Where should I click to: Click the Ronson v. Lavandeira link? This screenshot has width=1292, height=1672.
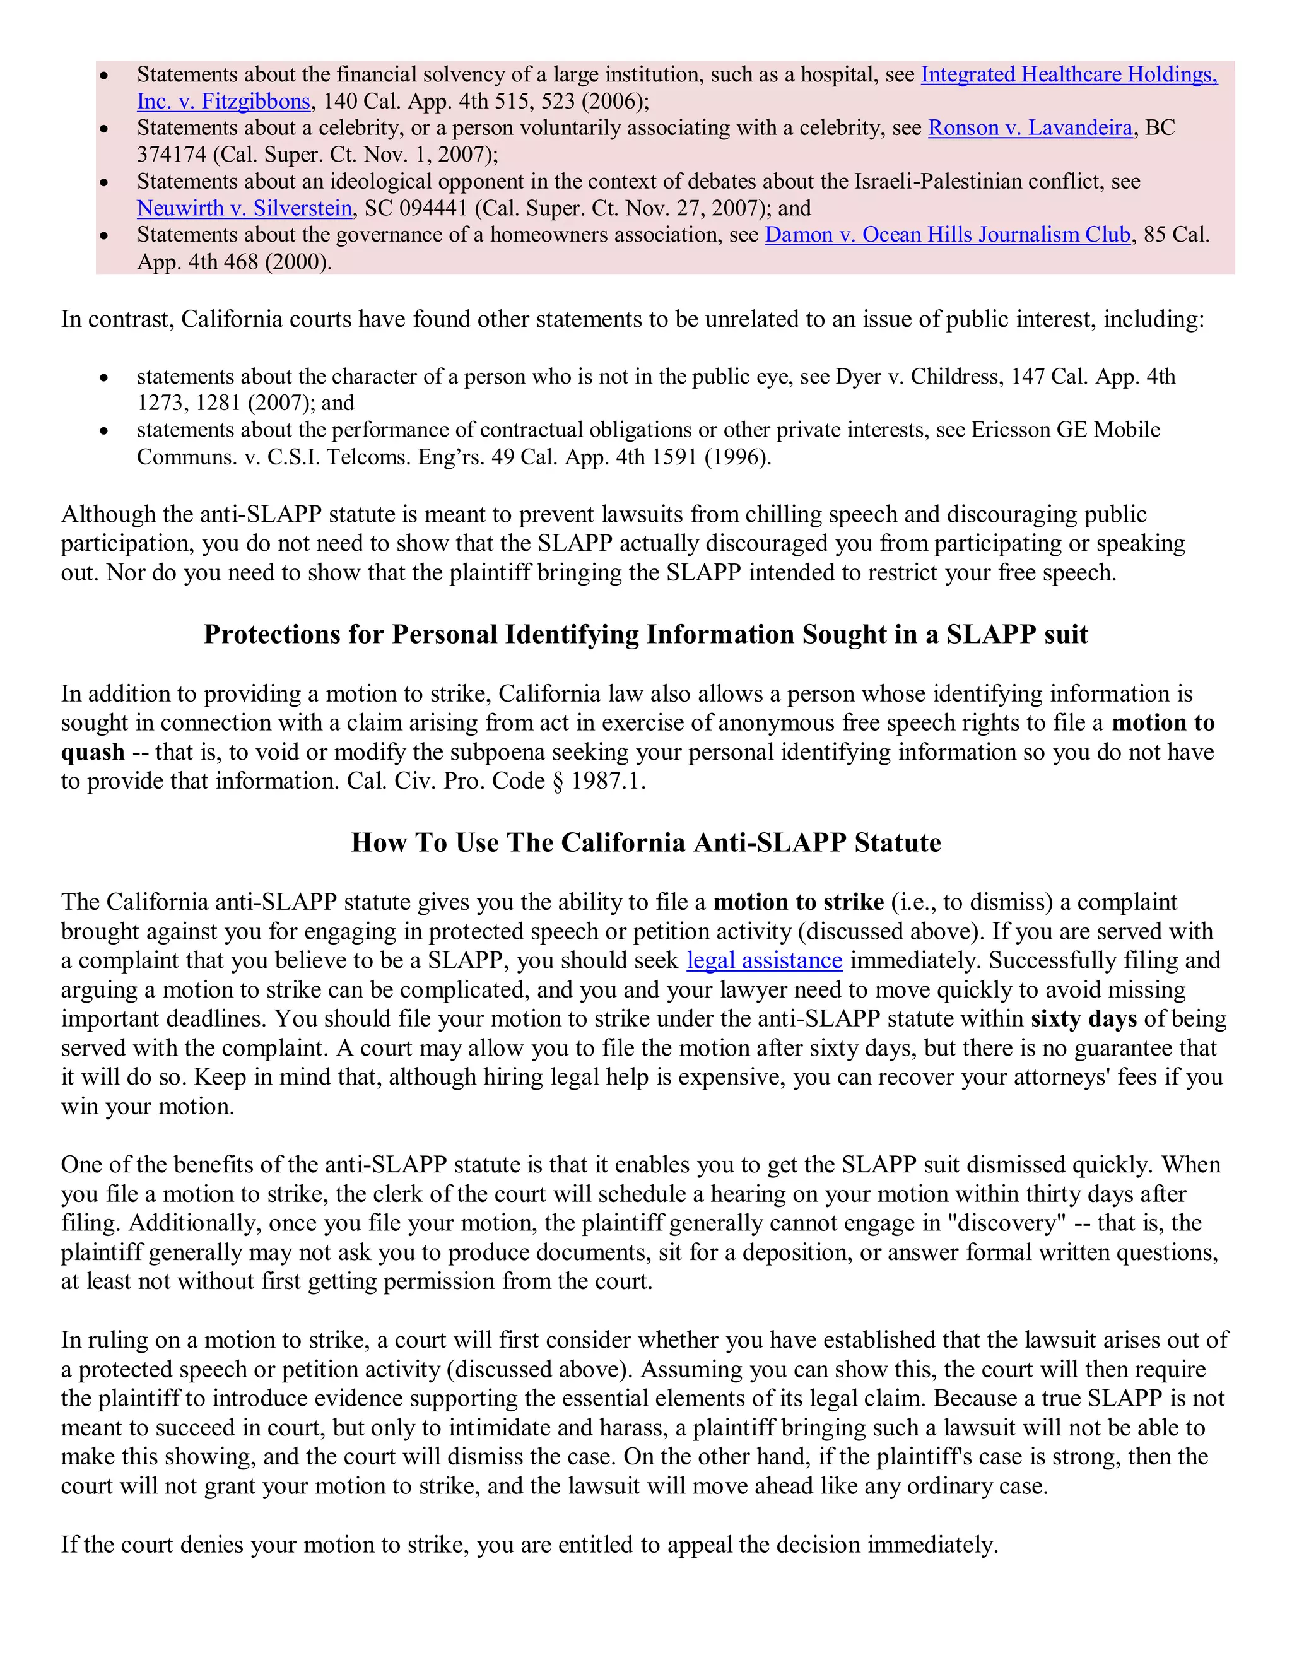coord(1030,128)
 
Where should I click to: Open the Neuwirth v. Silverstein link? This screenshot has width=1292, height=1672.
coord(244,208)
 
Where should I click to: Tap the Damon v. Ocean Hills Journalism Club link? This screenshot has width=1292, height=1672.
coord(947,235)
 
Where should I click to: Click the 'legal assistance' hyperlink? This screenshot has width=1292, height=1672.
coord(764,961)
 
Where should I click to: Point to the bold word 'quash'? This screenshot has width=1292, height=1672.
coord(93,753)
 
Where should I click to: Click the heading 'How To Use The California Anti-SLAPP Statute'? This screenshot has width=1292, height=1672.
coord(646,843)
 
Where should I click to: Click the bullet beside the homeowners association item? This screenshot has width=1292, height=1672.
coord(105,236)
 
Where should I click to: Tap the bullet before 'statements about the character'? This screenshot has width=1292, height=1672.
coord(105,377)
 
